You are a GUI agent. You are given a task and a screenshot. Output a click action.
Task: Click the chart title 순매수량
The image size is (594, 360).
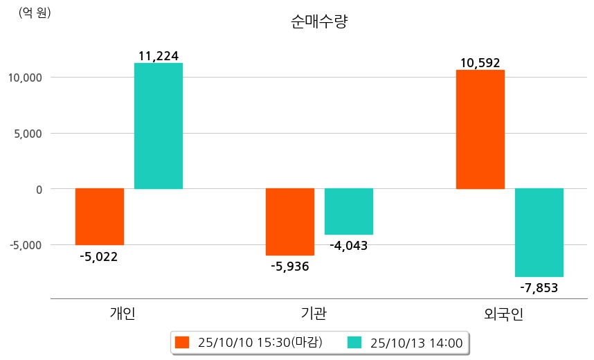319,22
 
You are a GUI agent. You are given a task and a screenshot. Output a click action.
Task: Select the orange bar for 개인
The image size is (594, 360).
100,216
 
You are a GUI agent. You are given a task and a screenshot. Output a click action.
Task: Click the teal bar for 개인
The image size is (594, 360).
159,126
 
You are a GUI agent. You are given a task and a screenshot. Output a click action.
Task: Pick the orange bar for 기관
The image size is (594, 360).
290,222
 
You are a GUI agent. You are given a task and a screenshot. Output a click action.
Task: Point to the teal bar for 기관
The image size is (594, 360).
349,211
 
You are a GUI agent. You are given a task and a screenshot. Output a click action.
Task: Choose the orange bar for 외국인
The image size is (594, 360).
480,129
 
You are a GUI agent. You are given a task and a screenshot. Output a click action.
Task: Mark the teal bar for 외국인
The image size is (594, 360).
539,232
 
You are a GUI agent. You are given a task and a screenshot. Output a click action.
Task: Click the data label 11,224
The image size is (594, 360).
159,55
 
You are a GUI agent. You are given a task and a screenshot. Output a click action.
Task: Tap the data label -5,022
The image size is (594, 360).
99,257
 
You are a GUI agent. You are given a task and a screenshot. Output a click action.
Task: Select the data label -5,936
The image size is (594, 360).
290,267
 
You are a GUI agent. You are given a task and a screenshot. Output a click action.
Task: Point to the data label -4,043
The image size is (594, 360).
349,246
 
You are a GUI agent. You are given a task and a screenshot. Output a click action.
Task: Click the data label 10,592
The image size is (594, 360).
480,63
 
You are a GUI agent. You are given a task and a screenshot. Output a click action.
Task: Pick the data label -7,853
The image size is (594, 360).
539,288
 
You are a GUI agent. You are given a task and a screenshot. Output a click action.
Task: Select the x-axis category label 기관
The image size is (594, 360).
314,314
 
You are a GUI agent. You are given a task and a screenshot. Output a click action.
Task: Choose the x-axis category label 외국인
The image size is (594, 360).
504,314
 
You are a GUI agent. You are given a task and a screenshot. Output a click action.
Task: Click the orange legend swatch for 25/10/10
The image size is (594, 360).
182,342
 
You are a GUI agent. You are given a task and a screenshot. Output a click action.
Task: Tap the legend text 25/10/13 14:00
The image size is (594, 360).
417,342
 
